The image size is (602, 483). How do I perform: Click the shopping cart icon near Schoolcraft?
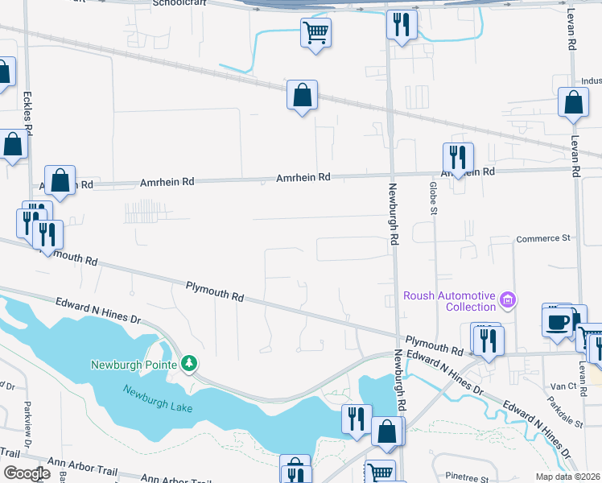pyautogui.click(x=315, y=33)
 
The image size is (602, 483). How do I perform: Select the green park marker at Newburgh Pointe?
pyautogui.click(x=188, y=364)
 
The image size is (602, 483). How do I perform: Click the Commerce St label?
pyautogui.click(x=542, y=238)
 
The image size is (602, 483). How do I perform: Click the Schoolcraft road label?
pyautogui.click(x=180, y=3)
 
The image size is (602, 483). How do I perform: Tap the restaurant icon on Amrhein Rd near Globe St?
pyautogui.click(x=457, y=158)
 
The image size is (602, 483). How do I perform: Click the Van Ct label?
pyautogui.click(x=559, y=386)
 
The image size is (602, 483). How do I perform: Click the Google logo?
pyautogui.click(x=27, y=473)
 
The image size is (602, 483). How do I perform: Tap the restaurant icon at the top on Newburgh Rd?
pyautogui.click(x=400, y=24)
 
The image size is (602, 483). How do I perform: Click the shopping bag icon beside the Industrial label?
pyautogui.click(x=572, y=103)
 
